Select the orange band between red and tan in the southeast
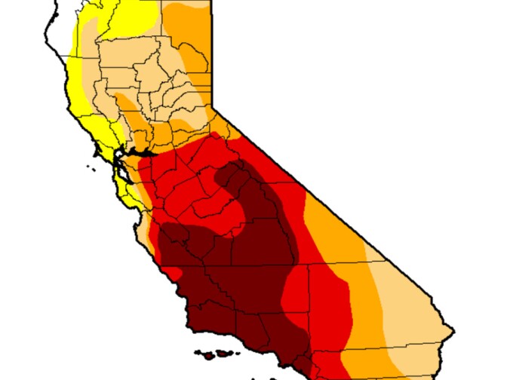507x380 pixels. (366, 302)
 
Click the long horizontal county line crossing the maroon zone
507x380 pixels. (241, 265)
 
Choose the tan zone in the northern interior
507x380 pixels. (151, 75)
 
